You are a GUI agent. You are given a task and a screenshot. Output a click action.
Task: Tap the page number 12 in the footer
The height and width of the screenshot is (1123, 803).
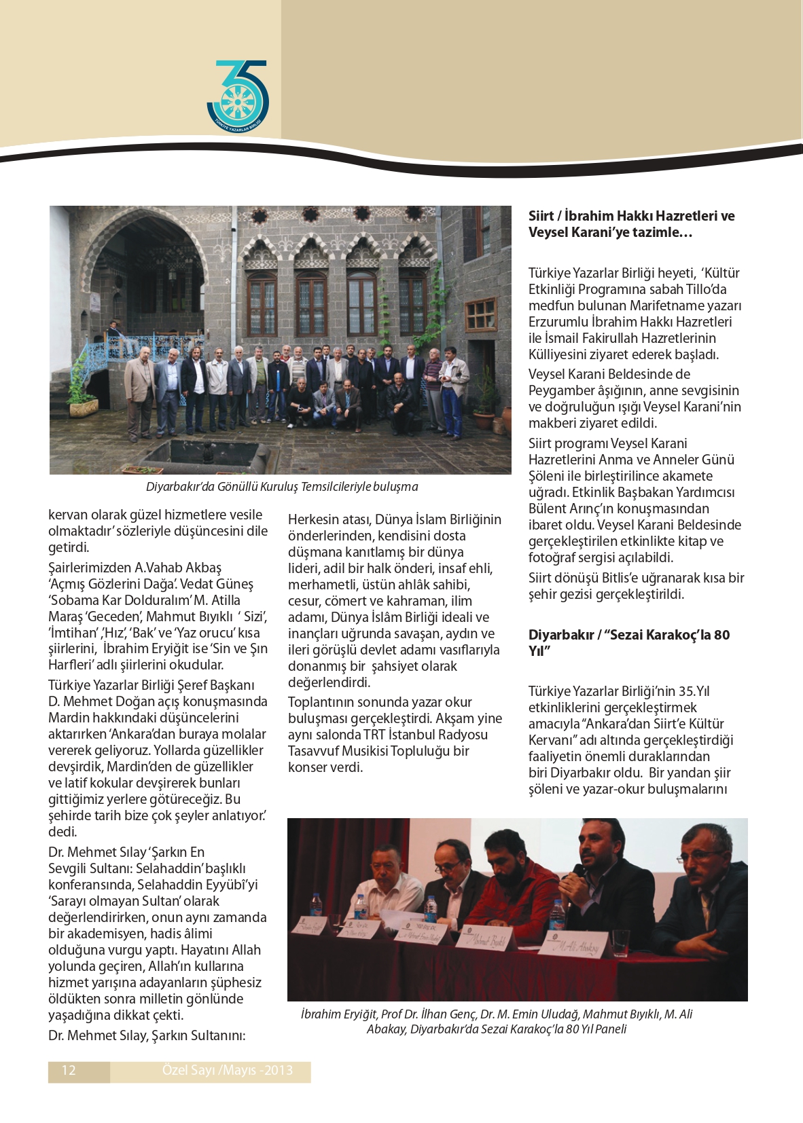69,1071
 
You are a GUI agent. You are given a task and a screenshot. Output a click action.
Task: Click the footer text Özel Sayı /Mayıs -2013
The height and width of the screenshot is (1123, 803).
228,1071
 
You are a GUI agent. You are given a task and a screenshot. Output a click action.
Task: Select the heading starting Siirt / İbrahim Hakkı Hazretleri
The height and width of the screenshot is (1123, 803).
631,224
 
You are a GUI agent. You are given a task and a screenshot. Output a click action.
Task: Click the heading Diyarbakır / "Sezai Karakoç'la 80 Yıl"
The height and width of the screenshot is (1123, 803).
629,643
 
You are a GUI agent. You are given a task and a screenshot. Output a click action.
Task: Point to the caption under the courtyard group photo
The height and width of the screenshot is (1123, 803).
282,487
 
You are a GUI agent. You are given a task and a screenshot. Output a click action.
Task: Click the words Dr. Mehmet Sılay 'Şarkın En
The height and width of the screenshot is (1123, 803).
126,852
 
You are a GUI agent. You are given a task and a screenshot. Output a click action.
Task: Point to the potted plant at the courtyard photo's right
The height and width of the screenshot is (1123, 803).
486,401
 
